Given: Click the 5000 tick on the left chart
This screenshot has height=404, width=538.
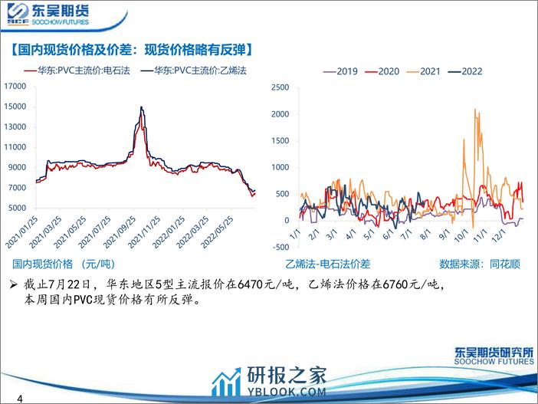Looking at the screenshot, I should click(18, 208).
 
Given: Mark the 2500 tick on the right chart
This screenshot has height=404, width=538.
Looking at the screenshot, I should click(280, 87).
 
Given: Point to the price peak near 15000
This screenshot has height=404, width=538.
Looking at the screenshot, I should click(141, 107).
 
